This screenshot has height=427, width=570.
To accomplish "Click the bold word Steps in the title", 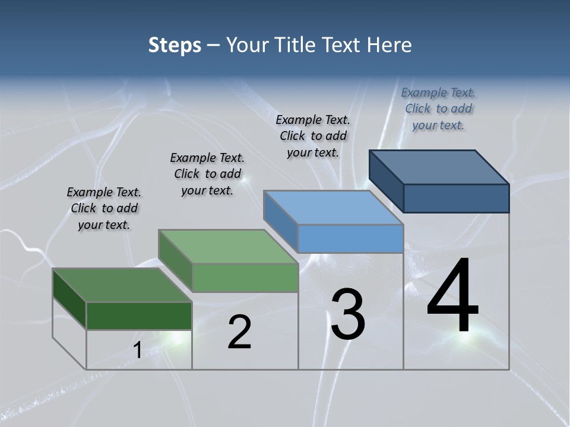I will tap(175, 45).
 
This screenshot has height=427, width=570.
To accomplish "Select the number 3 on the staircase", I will tap(347, 314).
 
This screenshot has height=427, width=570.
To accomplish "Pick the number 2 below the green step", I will tap(239, 332).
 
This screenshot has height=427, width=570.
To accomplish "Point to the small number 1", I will tap(137, 350).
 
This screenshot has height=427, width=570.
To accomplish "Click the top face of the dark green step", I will tap(121, 285).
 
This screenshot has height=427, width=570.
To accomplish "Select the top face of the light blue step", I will tap(332, 208).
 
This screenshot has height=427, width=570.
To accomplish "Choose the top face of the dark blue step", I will tap(439, 167).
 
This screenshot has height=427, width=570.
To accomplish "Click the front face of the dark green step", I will tap(139, 316).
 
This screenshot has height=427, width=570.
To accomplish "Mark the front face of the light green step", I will tap(245, 278).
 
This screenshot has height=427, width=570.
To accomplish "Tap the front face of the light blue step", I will tap(350, 238).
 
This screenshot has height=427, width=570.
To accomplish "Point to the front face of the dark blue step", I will tap(456, 198).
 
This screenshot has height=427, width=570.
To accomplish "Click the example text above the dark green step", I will tap(104, 208).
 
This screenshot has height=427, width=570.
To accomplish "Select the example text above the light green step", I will tap(207, 174).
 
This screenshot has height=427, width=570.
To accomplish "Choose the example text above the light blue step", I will tap(313, 136).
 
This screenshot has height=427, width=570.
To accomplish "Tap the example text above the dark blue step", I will tap(438, 109).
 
